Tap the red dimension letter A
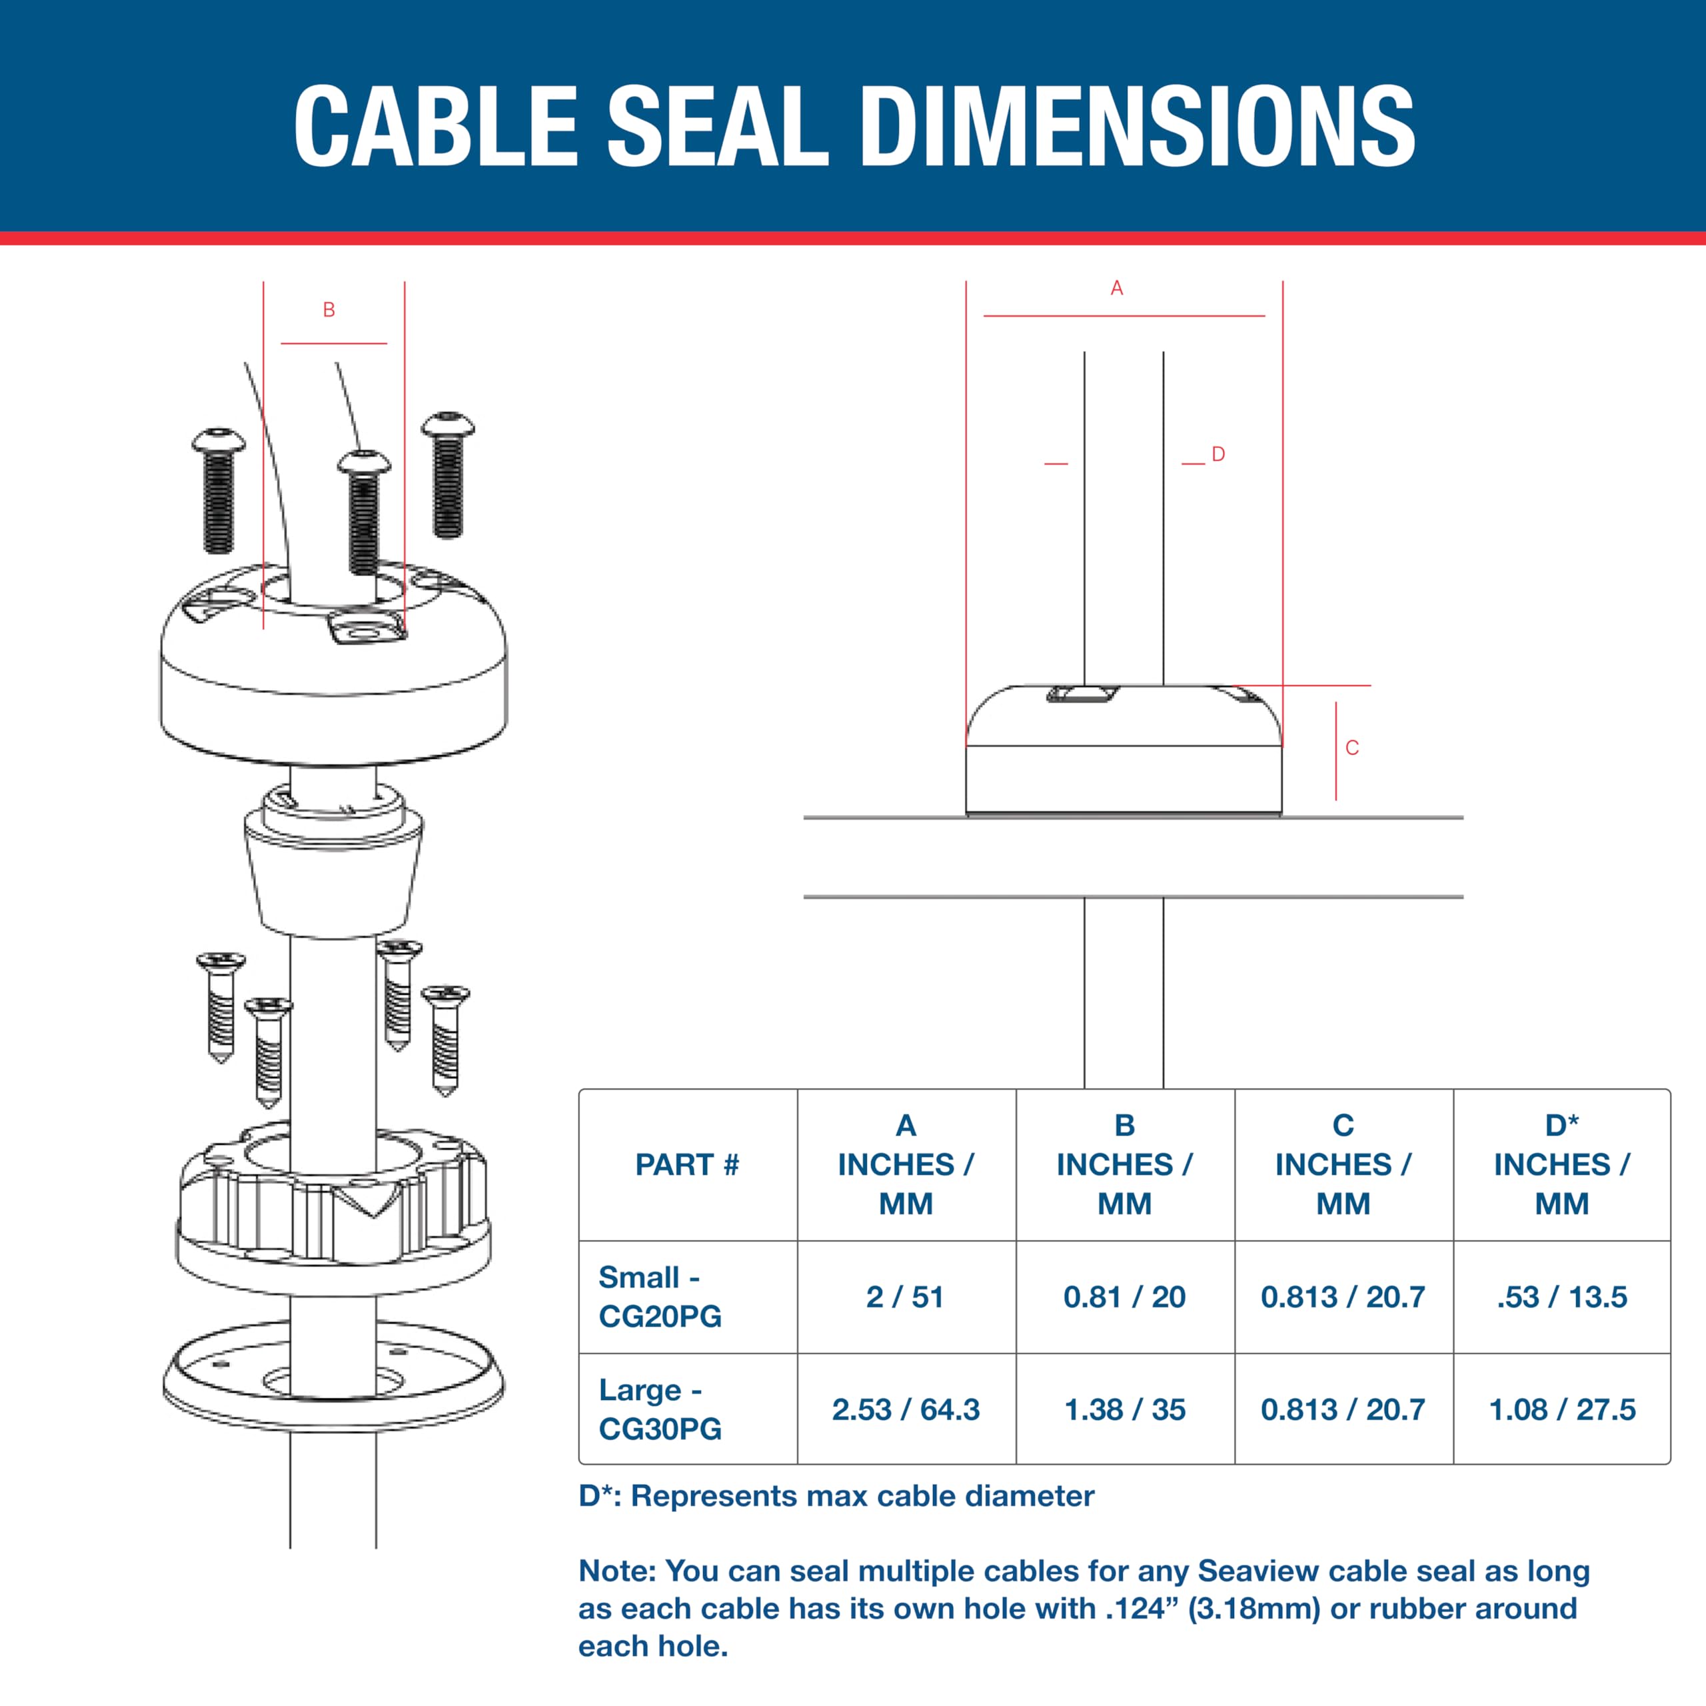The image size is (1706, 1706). [x=1117, y=288]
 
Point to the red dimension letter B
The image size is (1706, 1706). [x=329, y=310]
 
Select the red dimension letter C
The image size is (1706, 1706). [x=1352, y=748]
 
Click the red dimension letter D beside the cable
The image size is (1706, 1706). [x=1219, y=454]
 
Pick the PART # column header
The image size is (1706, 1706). [x=687, y=1165]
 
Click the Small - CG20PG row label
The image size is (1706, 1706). [x=660, y=1296]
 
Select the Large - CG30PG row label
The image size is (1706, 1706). [x=660, y=1409]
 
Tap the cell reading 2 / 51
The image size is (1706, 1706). [x=905, y=1296]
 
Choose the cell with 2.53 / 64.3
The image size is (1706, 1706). [x=906, y=1409]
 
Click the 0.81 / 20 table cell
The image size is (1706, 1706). [x=1124, y=1296]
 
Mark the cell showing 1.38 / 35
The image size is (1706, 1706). [x=1125, y=1409]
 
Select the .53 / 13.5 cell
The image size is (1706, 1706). [x=1562, y=1296]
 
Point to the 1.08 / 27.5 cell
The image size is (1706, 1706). [x=1562, y=1409]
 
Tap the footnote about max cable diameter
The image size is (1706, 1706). [x=836, y=1496]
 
